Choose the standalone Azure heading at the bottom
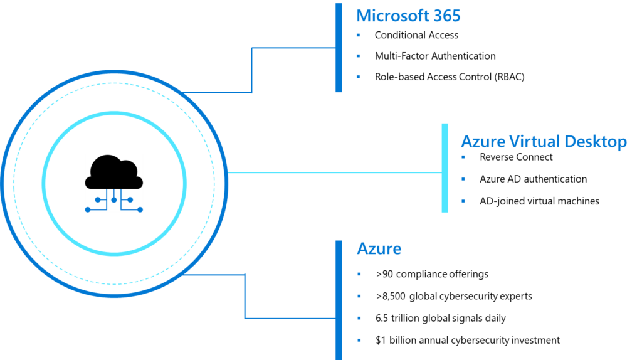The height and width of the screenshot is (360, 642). point(379,249)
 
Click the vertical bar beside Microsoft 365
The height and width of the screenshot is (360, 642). point(339,48)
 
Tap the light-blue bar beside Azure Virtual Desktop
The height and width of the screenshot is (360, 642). point(445,167)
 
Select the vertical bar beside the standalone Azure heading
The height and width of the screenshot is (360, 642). point(339,300)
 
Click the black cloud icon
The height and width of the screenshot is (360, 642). point(113,173)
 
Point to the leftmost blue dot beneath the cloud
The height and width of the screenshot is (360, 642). point(88,209)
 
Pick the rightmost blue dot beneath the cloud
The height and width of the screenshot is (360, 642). point(140,209)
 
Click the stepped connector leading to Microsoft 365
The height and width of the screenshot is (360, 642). point(251,69)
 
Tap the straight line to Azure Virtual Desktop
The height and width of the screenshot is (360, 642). point(332,172)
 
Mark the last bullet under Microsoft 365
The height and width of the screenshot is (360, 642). point(359,77)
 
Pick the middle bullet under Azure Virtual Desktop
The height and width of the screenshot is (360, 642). point(463,179)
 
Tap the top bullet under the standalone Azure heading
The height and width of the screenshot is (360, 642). point(359,274)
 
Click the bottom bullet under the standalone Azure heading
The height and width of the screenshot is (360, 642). point(359,340)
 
